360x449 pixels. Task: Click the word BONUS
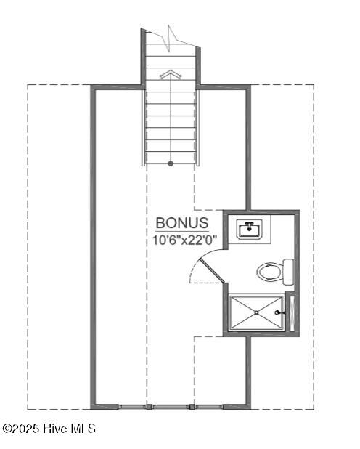click(182, 223)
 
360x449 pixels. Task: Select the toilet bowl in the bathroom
click(269, 272)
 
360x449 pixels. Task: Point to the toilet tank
click(288, 272)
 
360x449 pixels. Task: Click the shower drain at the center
click(257, 312)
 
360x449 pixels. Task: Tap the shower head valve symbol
click(278, 312)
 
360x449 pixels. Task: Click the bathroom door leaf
click(211, 268)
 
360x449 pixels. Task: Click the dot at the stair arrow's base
click(171, 163)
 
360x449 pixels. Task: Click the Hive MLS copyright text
click(50, 429)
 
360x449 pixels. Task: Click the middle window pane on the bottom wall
click(170, 406)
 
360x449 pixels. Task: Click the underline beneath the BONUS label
click(182, 231)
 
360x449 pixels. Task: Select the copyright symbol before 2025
click(7, 429)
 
